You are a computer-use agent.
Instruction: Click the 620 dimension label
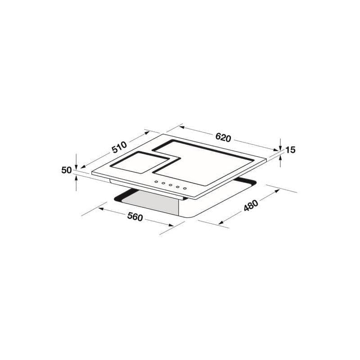click(x=223, y=138)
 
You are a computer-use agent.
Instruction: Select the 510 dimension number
click(x=119, y=147)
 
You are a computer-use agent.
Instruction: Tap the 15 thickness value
click(x=290, y=150)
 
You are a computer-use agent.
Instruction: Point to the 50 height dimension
click(x=67, y=170)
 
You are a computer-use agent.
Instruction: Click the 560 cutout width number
click(x=135, y=217)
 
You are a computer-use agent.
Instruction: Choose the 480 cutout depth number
click(x=251, y=205)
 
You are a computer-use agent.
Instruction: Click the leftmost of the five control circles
click(x=156, y=182)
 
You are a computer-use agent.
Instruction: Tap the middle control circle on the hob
click(x=171, y=185)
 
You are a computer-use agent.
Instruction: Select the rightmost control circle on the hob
click(x=185, y=189)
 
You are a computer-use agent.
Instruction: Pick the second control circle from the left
click(x=163, y=184)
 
